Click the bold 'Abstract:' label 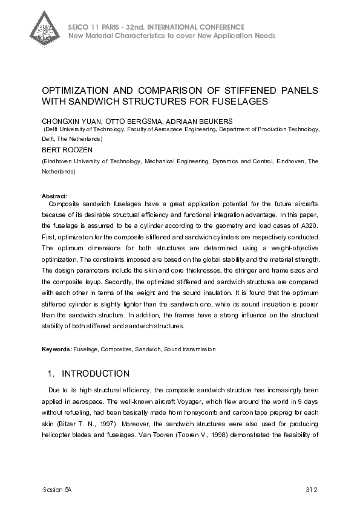point(54,196)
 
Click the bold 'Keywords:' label point(56,349)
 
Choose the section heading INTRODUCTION point(96,374)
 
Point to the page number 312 point(312,488)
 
